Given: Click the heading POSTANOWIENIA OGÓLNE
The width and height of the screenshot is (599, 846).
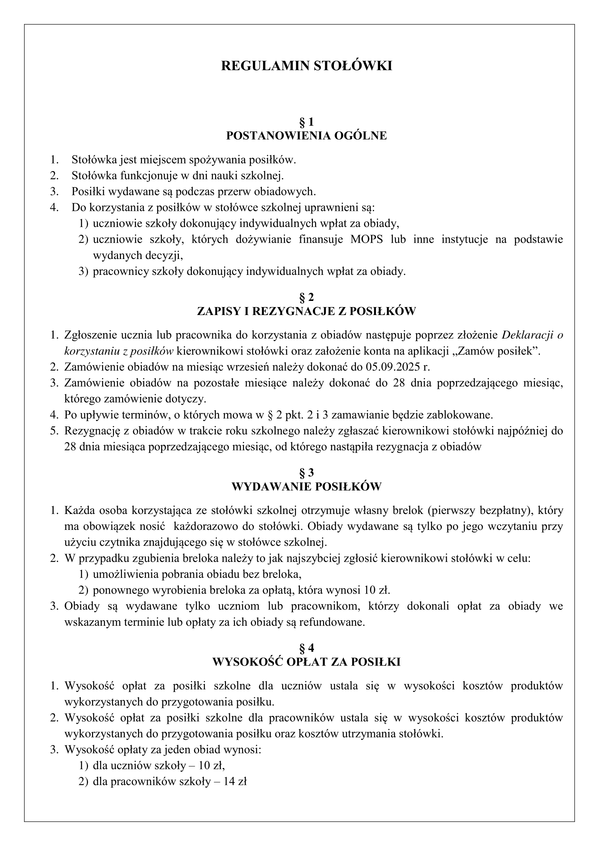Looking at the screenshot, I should pyautogui.click(x=306, y=136).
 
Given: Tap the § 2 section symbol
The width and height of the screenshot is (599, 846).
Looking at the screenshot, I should pyautogui.click(x=306, y=297).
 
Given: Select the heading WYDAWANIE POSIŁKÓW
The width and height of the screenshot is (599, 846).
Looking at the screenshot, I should pyautogui.click(x=306, y=487).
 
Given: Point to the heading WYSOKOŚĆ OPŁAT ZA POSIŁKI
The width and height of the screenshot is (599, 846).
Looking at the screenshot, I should pyautogui.click(x=306, y=662).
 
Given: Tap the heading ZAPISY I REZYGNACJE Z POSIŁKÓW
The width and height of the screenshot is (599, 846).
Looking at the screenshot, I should pyautogui.click(x=306, y=311).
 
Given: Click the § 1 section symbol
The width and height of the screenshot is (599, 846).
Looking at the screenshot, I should pyautogui.click(x=306, y=121).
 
